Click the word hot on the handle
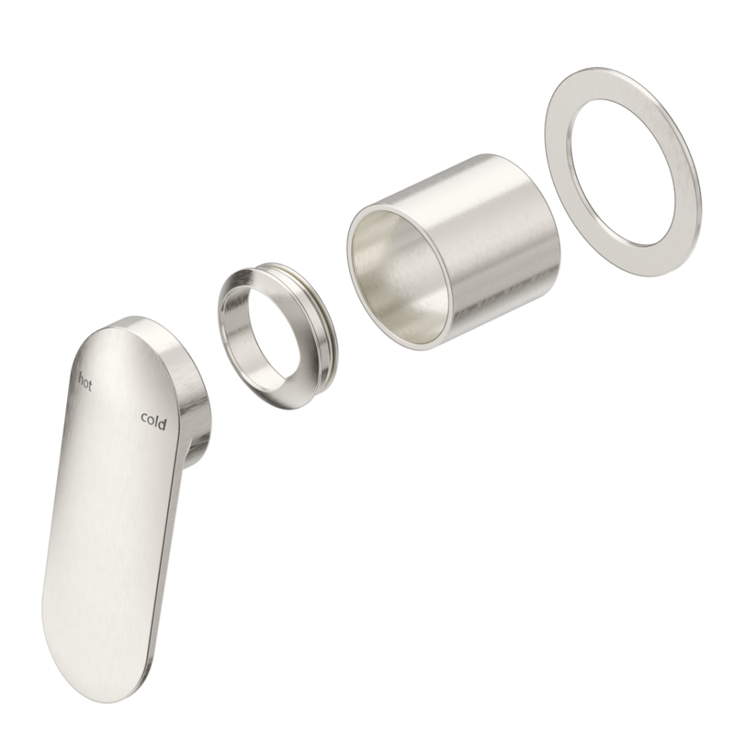click(84, 382)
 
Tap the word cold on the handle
click(153, 420)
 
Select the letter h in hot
click(79, 379)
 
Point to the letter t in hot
click(89, 385)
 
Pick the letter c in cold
click(144, 418)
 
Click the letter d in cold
click(162, 423)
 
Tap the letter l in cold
click(157, 420)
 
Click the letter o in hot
click(85, 383)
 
